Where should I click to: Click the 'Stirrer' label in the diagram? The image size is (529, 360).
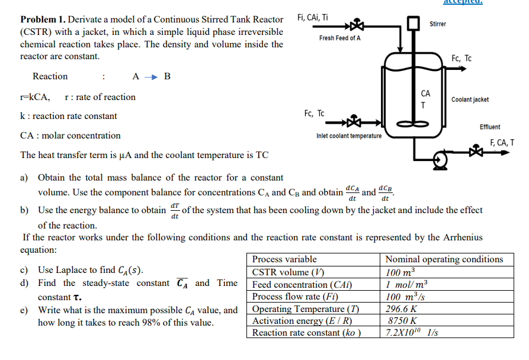438,24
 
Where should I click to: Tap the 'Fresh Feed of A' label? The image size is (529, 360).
339,38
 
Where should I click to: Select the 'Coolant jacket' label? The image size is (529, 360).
470,99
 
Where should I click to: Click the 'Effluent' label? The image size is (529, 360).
489,127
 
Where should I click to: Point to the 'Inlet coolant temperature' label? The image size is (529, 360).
349,136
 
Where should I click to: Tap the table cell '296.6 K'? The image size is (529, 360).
401,309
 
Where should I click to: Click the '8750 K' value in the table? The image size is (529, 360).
403,321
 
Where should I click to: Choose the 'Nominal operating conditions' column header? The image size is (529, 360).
444,259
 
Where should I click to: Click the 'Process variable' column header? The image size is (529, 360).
284,259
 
